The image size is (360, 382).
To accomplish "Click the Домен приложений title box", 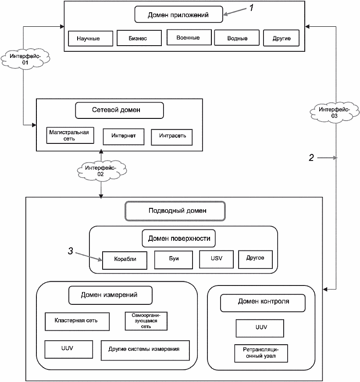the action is click(178, 14).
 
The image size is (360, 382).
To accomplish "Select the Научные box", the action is click(91, 39).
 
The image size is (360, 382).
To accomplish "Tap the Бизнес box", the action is click(139, 38).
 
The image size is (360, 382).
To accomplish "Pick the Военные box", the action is click(189, 37).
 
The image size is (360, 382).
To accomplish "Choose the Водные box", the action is click(237, 38).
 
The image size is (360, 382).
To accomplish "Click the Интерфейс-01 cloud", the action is click(25, 59).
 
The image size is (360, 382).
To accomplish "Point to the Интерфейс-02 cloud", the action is click(102, 170).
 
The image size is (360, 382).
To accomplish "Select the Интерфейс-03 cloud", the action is click(335, 112).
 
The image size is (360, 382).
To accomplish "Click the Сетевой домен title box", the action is click(119, 111).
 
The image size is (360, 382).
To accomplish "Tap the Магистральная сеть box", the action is click(70, 136).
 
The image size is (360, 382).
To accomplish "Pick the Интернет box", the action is click(124, 137).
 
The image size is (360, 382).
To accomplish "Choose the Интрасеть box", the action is click(172, 137).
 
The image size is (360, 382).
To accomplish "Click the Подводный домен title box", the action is click(175, 211).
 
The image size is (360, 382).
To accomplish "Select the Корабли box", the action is click(125, 261).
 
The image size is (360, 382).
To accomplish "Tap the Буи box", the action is click(174, 260).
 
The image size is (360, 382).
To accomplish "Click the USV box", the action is click(216, 259).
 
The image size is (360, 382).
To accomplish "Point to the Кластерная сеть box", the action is click(77, 321).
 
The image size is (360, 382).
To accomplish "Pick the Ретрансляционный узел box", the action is click(261, 353).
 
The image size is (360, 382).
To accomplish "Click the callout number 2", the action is click(311, 157).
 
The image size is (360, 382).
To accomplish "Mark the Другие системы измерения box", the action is click(145, 350).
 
